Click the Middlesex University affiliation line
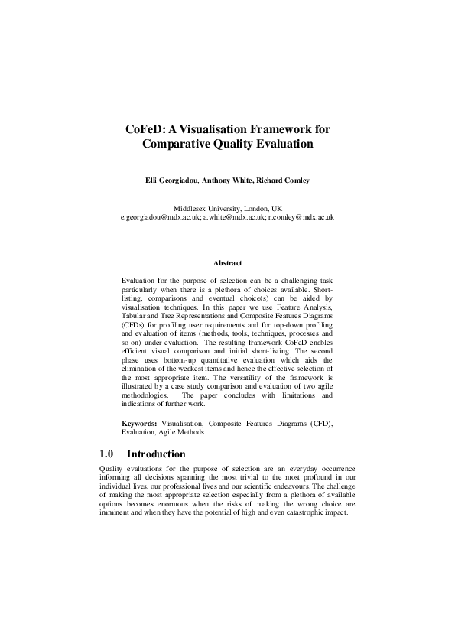[227, 208]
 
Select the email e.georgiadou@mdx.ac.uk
[161, 217]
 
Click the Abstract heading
[227, 263]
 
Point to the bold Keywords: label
[140, 423]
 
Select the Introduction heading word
[156, 454]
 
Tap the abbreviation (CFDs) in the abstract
[135, 324]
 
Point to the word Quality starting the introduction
[112, 467]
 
